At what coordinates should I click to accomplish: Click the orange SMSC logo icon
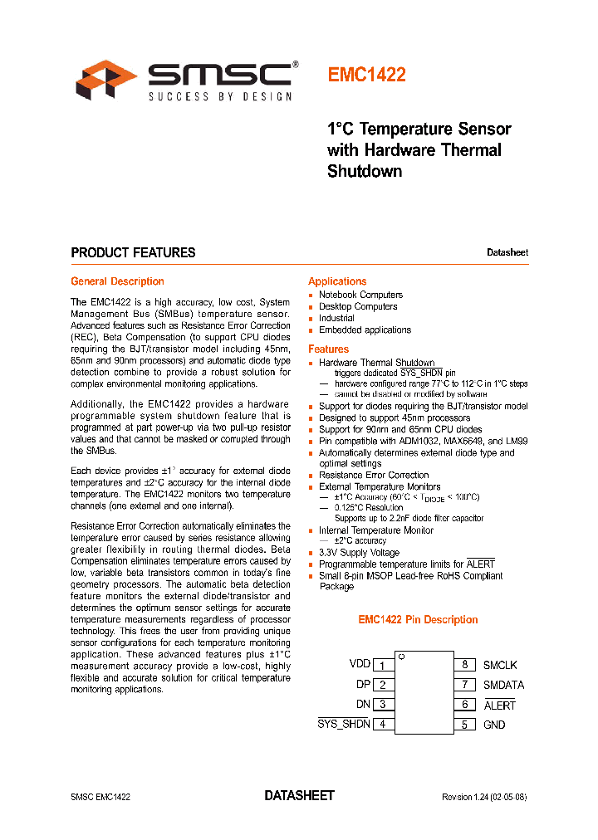(106, 80)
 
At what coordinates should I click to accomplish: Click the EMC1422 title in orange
(366, 75)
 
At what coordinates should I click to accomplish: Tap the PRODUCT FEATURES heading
(133, 252)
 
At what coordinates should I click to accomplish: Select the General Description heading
(117, 281)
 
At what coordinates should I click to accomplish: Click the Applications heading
(337, 281)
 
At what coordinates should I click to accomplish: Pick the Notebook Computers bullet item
(360, 295)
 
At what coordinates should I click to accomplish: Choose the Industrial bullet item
(336, 318)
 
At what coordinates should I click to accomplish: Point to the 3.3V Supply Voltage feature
(359, 553)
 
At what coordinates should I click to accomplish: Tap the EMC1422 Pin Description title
(418, 620)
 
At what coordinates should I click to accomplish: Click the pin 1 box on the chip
(383, 665)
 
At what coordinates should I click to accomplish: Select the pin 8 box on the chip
(465, 665)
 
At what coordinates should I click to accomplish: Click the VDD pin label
(360, 664)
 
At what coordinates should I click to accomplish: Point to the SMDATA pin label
(503, 685)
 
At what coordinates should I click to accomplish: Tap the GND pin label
(494, 725)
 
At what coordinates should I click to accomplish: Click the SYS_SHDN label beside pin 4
(344, 724)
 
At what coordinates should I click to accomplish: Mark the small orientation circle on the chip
(400, 657)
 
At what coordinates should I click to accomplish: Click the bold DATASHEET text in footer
(299, 795)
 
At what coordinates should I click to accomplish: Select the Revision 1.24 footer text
(483, 797)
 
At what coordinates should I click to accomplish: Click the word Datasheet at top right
(507, 253)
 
